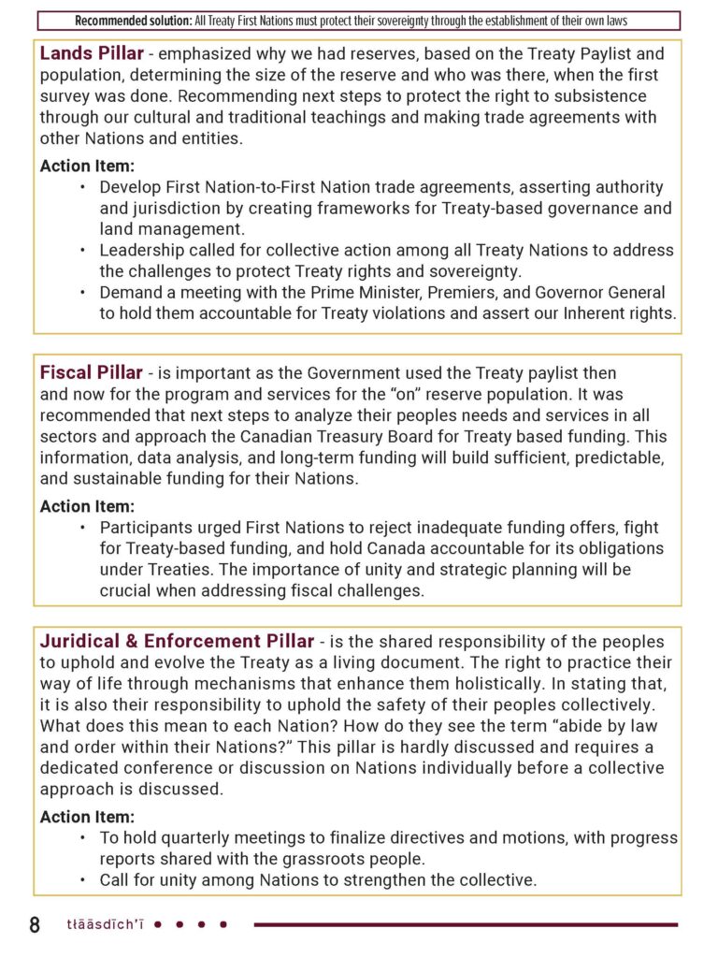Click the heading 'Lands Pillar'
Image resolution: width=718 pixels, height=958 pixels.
[91, 53]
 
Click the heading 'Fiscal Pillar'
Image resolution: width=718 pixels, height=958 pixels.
[91, 372]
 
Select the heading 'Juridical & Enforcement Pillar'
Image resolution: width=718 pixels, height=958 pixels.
[177, 641]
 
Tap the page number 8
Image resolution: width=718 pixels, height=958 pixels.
[35, 925]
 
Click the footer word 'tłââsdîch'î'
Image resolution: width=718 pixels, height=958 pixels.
[106, 925]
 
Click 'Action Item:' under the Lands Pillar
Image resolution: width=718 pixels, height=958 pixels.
[87, 166]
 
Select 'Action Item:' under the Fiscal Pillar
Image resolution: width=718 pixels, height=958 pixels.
[87, 506]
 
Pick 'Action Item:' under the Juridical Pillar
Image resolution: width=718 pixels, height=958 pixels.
[87, 817]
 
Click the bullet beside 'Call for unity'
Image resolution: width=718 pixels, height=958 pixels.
[82, 880]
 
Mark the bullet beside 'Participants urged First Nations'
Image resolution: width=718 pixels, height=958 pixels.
[82, 528]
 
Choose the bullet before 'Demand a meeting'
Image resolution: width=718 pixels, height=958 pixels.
[82, 293]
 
